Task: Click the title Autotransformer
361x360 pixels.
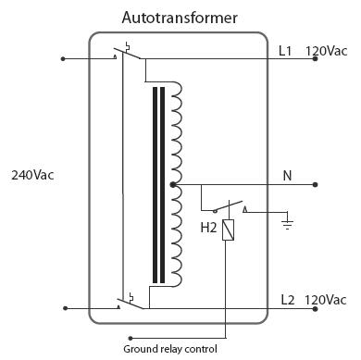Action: coord(180,18)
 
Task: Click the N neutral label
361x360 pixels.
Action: coord(287,174)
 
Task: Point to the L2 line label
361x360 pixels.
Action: coord(288,299)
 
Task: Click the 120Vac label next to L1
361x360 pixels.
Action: coord(326,51)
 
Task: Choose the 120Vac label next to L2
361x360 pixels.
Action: coord(326,299)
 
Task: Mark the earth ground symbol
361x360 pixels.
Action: coord(288,222)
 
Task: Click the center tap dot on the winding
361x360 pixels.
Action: coord(174,185)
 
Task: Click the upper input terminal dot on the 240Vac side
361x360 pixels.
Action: coord(62,59)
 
